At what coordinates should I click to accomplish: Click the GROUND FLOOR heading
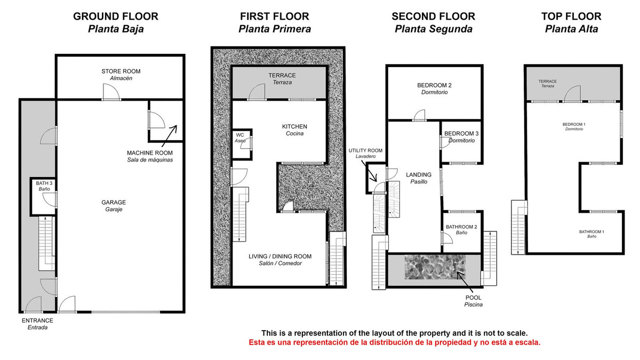point(116,17)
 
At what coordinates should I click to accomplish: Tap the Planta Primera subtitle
point(275,29)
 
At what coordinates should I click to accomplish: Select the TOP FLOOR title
point(571,17)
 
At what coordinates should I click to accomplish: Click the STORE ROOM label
point(121,71)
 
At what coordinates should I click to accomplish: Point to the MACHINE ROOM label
point(150,153)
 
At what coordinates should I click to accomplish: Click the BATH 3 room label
point(44,183)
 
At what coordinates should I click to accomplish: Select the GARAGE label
point(114,202)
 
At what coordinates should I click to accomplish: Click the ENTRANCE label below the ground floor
point(37,321)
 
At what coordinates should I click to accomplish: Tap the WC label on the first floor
point(240,135)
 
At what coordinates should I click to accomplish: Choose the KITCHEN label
point(294,126)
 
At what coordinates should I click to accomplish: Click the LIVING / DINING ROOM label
point(280,257)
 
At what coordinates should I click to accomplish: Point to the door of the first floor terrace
point(257,92)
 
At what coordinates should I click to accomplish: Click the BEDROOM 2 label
point(434,85)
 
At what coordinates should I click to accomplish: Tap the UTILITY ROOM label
point(365,150)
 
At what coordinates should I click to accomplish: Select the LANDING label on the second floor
point(419,174)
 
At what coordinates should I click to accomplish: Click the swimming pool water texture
point(435,267)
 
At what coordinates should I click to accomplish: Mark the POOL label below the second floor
point(474,298)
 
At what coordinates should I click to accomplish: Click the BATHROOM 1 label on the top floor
point(591,231)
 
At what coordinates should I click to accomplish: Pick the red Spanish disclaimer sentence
point(395,342)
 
